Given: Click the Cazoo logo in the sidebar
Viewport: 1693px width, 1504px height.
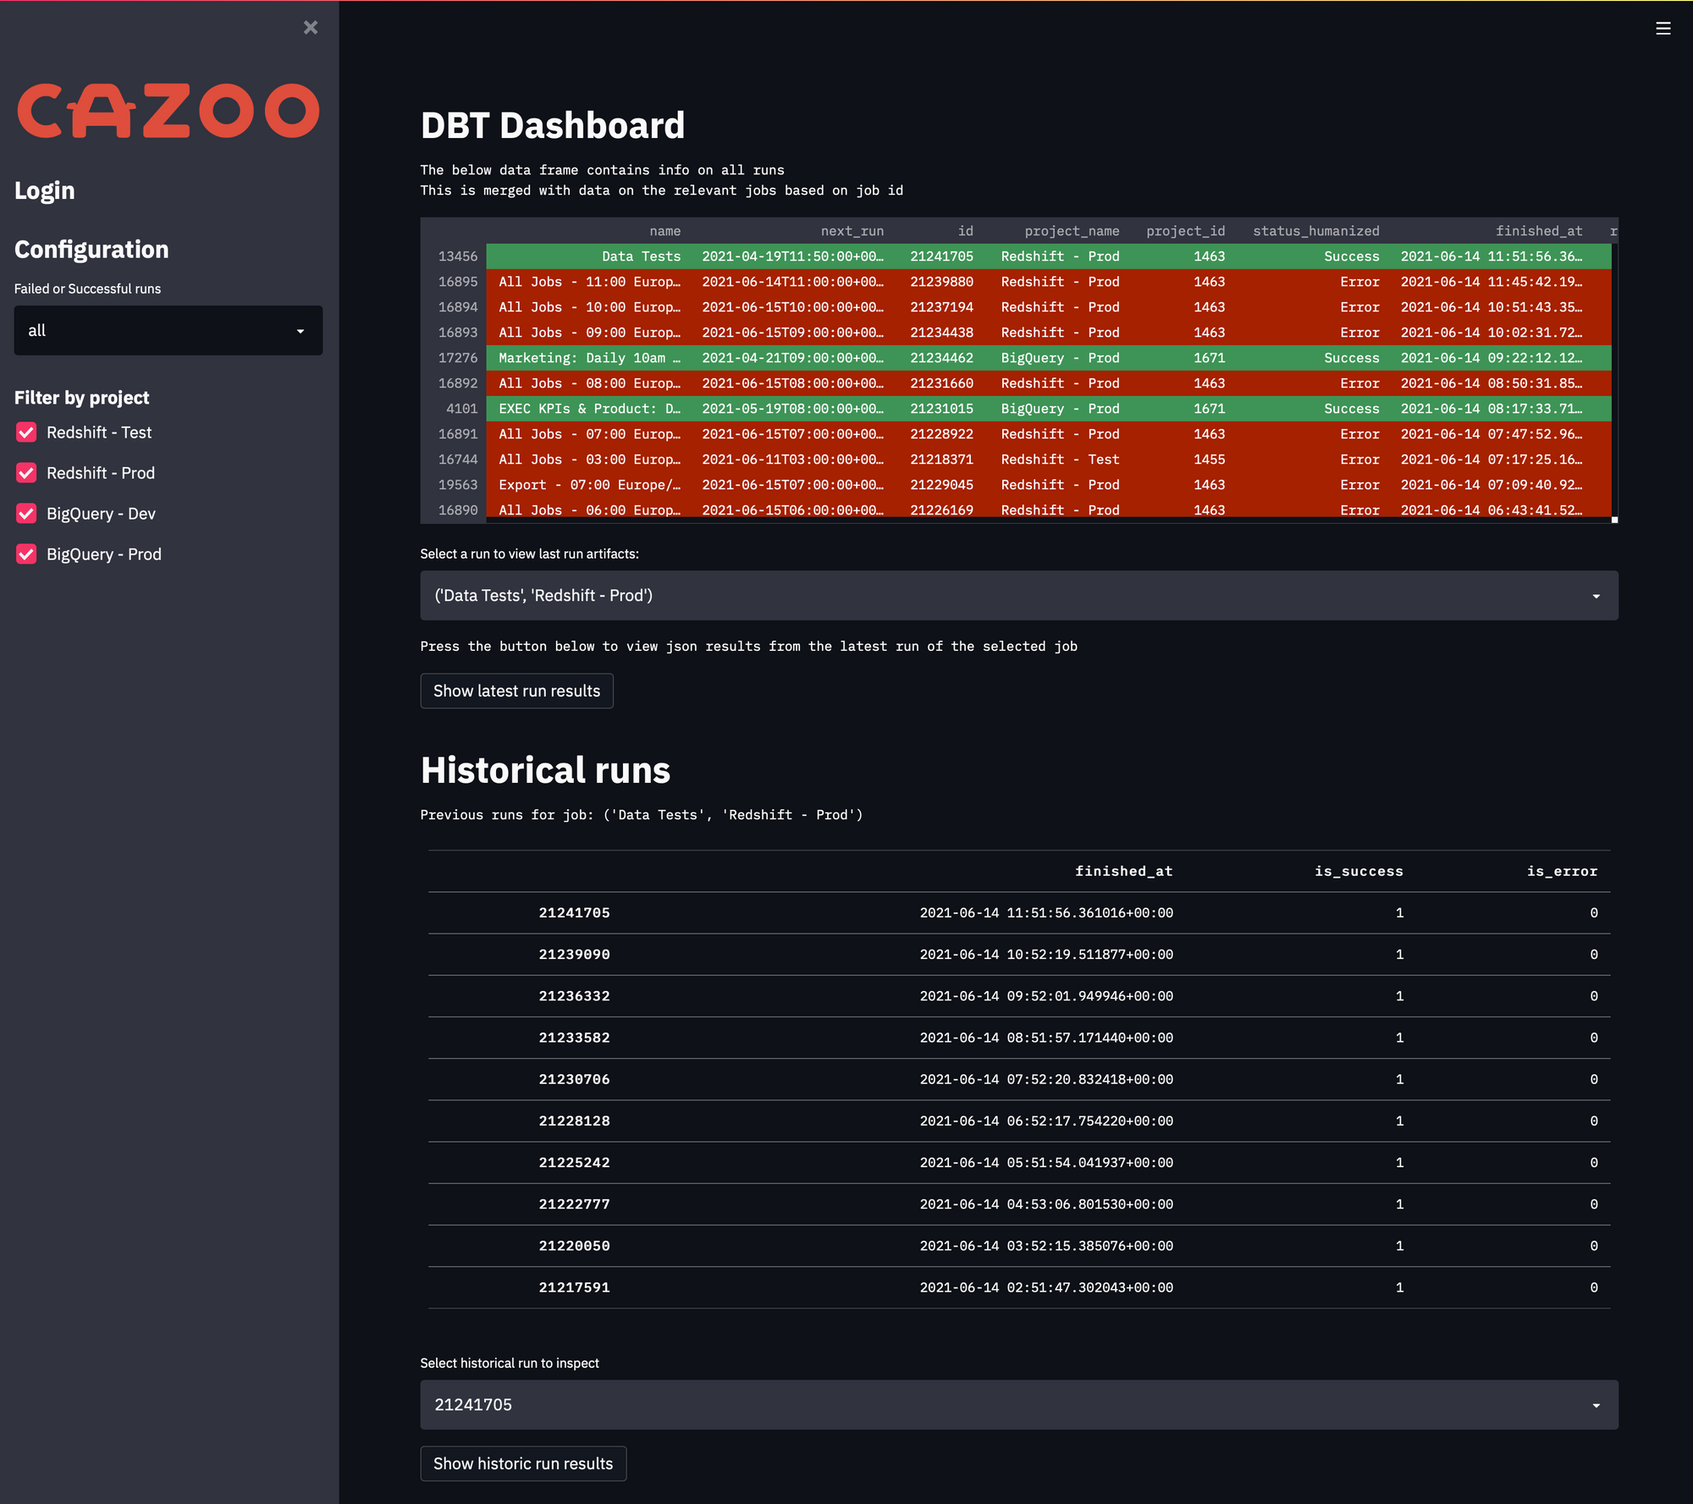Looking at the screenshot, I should [168, 111].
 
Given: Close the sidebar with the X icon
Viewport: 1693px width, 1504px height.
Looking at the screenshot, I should [311, 28].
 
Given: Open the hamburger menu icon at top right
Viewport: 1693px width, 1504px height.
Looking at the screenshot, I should [1663, 29].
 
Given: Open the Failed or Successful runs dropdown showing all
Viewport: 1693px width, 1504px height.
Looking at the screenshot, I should [168, 331].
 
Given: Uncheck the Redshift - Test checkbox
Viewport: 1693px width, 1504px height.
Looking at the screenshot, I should [26, 432].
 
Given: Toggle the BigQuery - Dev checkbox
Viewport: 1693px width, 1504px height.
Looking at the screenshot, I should [26, 514].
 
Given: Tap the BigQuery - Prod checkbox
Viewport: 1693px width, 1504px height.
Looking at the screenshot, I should [26, 554].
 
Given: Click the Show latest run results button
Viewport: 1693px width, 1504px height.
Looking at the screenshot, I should [516, 691].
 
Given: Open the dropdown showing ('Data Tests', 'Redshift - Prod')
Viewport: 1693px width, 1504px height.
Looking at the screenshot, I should [1018, 596].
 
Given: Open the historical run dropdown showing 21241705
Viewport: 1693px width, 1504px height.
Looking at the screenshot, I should [1018, 1405].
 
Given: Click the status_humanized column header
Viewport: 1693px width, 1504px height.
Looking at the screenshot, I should [1315, 231].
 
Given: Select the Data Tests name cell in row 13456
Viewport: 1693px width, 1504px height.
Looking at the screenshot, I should [641, 256].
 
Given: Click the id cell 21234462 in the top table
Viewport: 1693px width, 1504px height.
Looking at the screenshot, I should [941, 358].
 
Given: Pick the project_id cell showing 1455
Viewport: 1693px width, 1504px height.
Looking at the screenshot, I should [1209, 460].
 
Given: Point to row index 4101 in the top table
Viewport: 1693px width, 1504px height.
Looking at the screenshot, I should [461, 409].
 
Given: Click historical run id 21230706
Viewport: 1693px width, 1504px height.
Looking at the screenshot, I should [574, 1079].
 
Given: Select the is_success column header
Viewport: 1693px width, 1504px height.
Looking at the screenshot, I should [1358, 872].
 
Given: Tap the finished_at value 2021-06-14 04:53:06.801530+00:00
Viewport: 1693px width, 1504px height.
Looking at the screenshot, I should [1045, 1204].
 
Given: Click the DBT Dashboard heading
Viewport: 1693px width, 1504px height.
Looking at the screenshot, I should [552, 126].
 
